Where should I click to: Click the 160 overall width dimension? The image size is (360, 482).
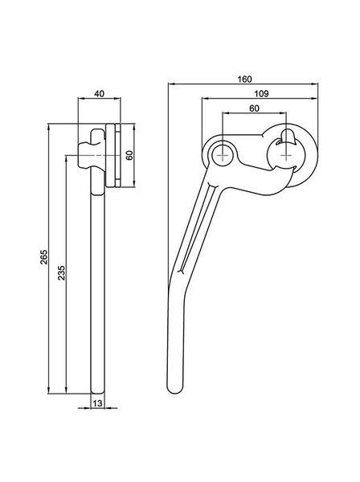[x=245, y=79]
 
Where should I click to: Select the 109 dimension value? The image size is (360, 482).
[x=261, y=93]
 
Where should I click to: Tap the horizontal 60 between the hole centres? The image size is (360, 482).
[x=254, y=108]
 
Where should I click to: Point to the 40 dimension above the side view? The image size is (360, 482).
[x=99, y=93]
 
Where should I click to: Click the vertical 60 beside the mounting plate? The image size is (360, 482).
[x=129, y=155]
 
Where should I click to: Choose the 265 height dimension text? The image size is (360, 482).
[x=44, y=257]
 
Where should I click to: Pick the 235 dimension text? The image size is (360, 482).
[x=62, y=272]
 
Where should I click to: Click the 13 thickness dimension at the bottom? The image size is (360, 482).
[x=97, y=403]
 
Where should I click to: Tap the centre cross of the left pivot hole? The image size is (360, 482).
[x=223, y=156]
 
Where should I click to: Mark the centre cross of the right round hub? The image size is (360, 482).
[x=286, y=156]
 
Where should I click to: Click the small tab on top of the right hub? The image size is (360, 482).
[x=288, y=137]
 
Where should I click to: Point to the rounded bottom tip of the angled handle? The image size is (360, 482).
[x=175, y=390]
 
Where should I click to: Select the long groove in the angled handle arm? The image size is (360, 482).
[x=196, y=227]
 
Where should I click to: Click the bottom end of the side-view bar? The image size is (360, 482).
[x=98, y=392]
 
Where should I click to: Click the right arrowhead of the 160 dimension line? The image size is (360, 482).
[x=314, y=84]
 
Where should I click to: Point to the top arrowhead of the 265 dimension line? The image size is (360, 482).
[x=48, y=128]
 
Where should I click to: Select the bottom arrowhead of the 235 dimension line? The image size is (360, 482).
[x=66, y=390]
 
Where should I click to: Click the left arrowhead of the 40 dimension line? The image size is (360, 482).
[x=82, y=98]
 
